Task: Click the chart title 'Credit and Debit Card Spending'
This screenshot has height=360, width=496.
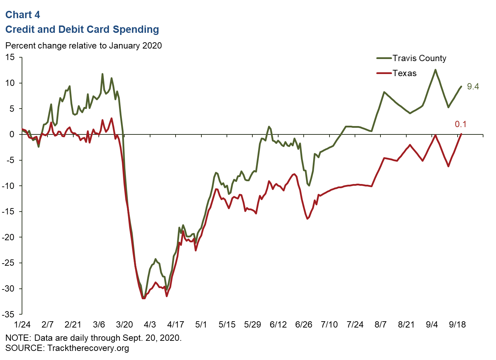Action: click(82, 29)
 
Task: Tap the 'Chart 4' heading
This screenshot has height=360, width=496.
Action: click(23, 15)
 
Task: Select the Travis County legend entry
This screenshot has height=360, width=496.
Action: click(419, 58)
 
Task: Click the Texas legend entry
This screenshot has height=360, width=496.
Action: click(404, 73)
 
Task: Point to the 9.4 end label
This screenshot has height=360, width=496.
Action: click(473, 87)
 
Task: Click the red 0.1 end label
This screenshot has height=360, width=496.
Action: click(460, 124)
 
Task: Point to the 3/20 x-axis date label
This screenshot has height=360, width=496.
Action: click(124, 325)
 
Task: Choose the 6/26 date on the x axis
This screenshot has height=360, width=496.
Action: click(304, 325)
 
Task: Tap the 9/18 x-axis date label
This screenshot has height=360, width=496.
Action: click(457, 325)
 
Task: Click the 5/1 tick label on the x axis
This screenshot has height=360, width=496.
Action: click(201, 325)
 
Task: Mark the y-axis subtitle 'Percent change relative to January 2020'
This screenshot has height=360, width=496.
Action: click(83, 46)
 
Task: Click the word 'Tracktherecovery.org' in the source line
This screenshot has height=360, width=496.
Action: click(88, 348)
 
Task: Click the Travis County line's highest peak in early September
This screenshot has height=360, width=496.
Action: click(435, 70)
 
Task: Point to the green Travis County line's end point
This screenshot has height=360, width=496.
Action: click(461, 87)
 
